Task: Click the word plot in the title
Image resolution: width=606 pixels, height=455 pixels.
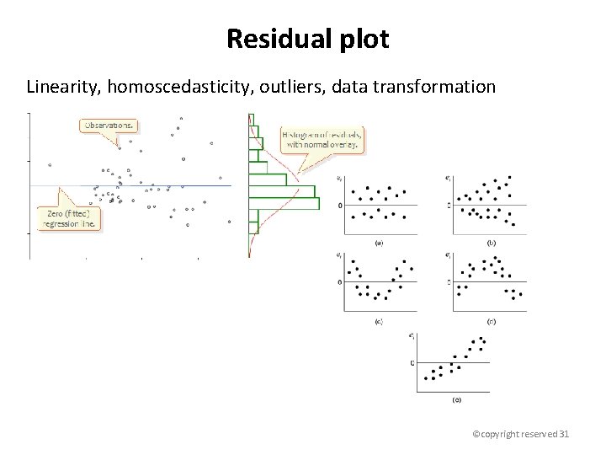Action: [x=365, y=39]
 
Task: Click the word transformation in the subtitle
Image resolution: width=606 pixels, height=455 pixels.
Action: [x=439, y=87]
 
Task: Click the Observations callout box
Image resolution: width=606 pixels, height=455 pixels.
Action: [x=110, y=126]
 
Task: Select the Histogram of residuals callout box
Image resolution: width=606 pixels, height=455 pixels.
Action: [x=323, y=139]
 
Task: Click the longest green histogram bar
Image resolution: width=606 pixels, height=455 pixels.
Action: [x=284, y=203]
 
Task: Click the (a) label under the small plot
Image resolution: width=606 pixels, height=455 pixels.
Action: [x=379, y=243]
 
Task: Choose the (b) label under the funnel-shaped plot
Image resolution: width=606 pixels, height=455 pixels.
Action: [x=492, y=243]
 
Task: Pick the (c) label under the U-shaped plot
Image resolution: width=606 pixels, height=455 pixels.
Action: [x=379, y=321]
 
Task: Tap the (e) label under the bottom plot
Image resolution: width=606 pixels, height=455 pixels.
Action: [x=457, y=399]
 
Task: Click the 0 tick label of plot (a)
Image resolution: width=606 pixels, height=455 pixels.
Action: [x=339, y=206]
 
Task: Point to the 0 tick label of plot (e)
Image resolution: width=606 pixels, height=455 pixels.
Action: [x=412, y=363]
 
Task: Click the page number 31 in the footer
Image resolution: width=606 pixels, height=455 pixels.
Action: [x=565, y=433]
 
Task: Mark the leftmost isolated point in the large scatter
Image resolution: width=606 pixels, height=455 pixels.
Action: [x=50, y=165]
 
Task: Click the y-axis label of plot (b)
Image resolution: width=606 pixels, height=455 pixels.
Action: [x=449, y=178]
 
